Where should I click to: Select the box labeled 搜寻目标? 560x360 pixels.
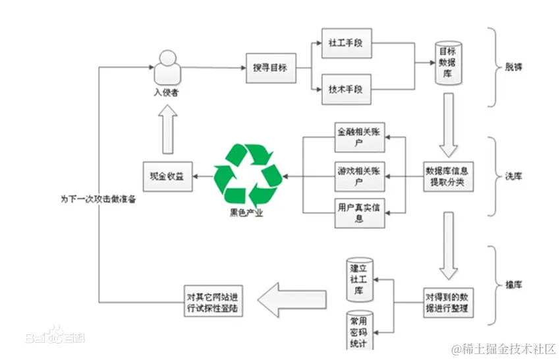[270, 69]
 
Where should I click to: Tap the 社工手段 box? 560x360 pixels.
[346, 44]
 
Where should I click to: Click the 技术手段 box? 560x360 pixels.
[346, 89]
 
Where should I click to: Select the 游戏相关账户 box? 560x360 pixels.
[358, 175]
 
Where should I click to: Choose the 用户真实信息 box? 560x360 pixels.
[358, 212]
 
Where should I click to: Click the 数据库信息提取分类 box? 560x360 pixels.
[449, 176]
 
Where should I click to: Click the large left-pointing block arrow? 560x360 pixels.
[290, 303]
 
